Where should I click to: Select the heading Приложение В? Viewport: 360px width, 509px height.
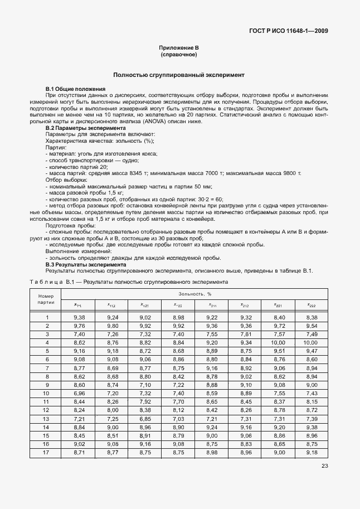pos(179,49)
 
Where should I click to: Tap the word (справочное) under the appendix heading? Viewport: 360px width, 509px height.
pos(179,56)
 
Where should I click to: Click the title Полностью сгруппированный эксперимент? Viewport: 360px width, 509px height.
pos(179,75)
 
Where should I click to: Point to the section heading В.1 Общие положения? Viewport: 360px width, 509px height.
pos(75,89)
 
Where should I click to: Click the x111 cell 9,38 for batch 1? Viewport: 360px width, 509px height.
pos(79,317)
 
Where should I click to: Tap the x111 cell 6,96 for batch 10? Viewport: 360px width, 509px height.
pos(79,393)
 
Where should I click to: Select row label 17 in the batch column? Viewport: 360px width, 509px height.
pos(47,452)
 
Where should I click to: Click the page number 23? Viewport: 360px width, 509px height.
pos(324,467)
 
